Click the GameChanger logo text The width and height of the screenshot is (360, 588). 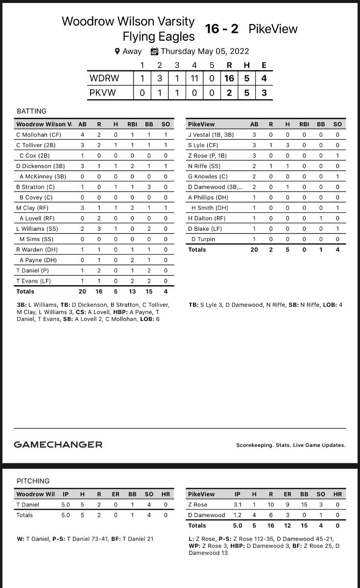pyautogui.click(x=58, y=444)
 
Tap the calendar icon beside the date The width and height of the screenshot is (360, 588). pyautogui.click(x=154, y=51)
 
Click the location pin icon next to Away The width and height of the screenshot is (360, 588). pyautogui.click(x=117, y=51)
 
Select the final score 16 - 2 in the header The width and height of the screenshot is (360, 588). pyautogui.click(x=222, y=29)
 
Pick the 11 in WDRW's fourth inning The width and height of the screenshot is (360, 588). pyautogui.click(x=194, y=78)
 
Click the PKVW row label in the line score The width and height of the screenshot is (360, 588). pyautogui.click(x=103, y=92)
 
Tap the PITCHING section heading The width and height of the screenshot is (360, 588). pyautogui.click(x=33, y=481)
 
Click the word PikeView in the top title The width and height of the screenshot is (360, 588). pyautogui.click(x=273, y=29)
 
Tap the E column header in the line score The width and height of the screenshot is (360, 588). pyautogui.click(x=264, y=65)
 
